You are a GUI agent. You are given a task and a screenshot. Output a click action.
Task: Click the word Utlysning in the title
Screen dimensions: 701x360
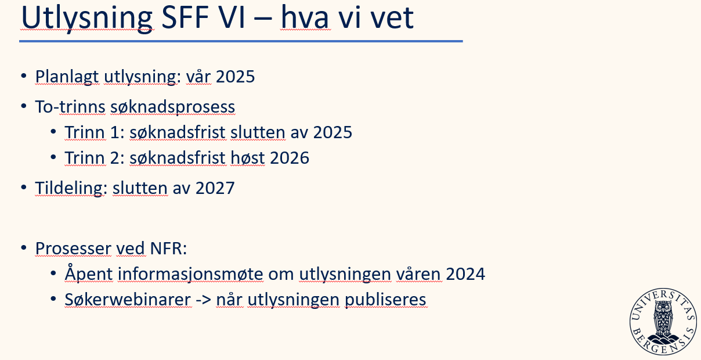pos(87,17)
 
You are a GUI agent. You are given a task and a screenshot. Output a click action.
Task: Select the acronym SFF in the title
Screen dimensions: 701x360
pos(185,17)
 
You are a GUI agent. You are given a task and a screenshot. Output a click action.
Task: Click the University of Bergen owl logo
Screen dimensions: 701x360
pos(663,322)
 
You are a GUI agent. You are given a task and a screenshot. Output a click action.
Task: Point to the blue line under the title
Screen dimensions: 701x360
pos(241,41)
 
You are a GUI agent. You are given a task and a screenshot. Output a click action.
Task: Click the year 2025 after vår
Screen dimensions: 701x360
pos(236,77)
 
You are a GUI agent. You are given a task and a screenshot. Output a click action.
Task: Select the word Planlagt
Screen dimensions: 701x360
pos(67,77)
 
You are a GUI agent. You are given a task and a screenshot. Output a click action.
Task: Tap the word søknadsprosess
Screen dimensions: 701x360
pos(173,107)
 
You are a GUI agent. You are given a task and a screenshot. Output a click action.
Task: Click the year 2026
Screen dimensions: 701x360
pos(290,158)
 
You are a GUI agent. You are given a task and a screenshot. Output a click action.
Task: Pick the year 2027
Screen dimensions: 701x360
pos(215,188)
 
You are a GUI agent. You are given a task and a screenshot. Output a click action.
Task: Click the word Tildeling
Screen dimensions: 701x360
pos(69,189)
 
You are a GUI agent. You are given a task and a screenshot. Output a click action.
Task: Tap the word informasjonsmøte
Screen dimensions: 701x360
pos(190,275)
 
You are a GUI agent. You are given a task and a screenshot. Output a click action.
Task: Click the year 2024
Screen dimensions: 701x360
pos(465,274)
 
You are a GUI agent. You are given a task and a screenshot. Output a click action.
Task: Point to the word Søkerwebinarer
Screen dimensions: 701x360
pos(128,300)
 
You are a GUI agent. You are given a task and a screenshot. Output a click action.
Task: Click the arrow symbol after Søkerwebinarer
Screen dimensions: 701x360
pos(204,300)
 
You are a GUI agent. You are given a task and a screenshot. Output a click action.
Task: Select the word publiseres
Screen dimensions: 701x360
pos(385,300)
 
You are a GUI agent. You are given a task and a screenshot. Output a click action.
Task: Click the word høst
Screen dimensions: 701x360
pos(248,158)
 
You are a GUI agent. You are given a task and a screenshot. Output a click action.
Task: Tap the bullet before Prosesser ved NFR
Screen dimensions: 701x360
pos(23,247)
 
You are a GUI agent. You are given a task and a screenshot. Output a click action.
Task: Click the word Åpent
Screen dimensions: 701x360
pos(89,273)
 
